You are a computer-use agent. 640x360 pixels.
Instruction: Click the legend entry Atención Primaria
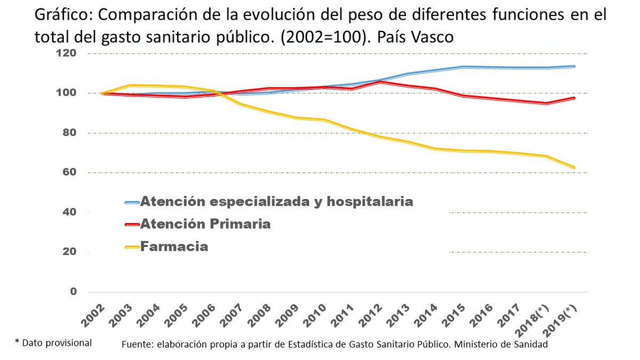[205, 224]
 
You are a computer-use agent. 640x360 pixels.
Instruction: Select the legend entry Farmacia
[174, 247]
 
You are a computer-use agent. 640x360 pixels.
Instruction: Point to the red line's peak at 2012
[380, 82]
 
